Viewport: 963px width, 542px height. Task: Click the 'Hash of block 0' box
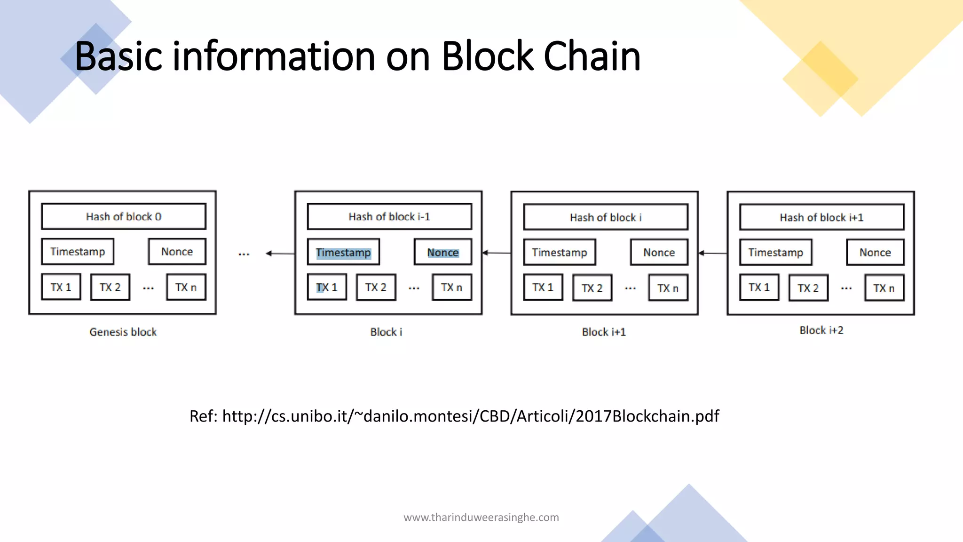click(124, 216)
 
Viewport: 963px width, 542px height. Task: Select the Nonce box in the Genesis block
click(177, 252)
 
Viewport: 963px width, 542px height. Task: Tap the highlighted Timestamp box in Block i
click(343, 253)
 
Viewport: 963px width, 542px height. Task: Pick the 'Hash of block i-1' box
click(389, 216)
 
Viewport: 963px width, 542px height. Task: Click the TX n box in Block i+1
click(668, 288)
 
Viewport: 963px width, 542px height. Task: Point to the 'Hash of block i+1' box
click(821, 217)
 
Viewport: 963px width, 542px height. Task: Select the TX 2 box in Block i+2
click(808, 288)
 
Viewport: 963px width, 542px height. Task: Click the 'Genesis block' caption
click(123, 332)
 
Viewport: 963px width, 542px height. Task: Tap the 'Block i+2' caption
click(821, 330)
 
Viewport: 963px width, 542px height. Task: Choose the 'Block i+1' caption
click(604, 332)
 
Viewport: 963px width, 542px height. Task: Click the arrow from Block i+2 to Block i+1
click(713, 253)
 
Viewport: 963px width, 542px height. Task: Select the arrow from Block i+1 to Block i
click(497, 253)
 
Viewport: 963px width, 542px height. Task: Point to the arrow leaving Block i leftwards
click(280, 254)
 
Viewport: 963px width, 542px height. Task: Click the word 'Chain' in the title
click(592, 56)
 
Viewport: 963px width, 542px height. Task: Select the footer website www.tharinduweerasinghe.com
click(481, 518)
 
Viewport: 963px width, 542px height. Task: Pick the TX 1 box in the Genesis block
click(61, 287)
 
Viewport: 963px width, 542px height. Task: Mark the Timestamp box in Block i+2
click(775, 253)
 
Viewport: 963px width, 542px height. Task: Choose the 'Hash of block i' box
click(606, 217)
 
